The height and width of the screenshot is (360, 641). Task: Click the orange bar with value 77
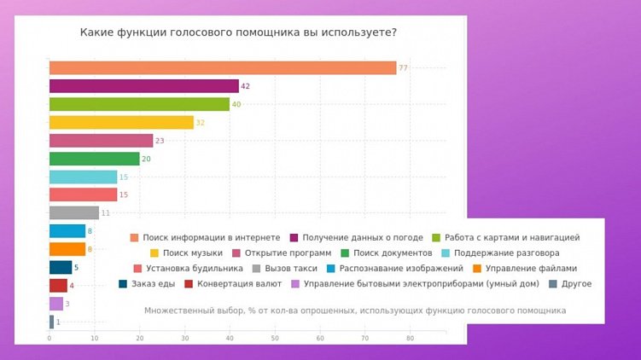pos(223,68)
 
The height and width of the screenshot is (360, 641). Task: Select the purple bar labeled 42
pos(143,86)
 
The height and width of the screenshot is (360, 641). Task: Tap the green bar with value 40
pos(139,104)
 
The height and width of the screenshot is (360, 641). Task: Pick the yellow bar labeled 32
pos(121,123)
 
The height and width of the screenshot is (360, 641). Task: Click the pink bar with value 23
pos(101,141)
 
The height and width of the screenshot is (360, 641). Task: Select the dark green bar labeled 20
pos(94,159)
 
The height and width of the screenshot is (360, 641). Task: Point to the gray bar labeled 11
pos(74,212)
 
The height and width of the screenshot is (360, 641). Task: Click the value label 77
pos(404,68)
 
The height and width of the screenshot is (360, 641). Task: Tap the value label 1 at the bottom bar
pos(58,322)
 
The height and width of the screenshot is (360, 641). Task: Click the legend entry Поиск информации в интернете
pos(211,238)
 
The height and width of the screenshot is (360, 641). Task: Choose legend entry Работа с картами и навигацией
pos(511,238)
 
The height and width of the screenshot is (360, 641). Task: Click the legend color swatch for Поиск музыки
pos(155,253)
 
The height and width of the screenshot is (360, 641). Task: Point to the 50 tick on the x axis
pos(274,340)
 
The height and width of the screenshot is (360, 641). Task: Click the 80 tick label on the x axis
pos(410,340)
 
